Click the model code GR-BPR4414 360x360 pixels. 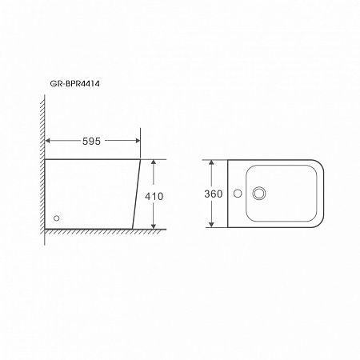click(74, 84)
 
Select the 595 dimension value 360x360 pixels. click(91, 141)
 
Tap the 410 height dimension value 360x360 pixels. click(154, 196)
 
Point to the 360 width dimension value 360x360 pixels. click(214, 194)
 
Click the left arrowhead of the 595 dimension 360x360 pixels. click(47, 141)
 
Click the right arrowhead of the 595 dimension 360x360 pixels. click(138, 141)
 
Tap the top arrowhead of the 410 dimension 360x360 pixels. click(154, 162)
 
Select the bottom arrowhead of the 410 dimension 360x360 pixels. click(154, 226)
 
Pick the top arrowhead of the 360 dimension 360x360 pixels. click(211, 162)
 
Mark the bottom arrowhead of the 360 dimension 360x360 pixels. click(211, 225)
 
